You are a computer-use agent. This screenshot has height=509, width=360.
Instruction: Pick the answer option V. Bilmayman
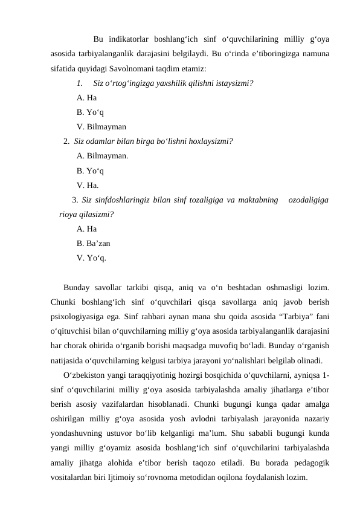pyautogui.click(x=101, y=127)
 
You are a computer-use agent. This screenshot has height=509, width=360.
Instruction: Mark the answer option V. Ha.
pyautogui.click(x=88, y=186)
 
